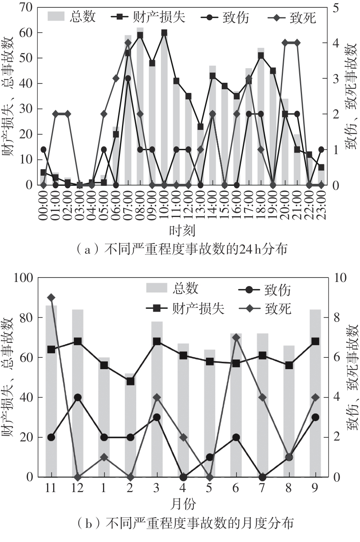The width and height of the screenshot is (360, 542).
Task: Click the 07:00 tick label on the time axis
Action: click(128, 204)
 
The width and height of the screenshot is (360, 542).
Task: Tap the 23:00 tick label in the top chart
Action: click(321, 204)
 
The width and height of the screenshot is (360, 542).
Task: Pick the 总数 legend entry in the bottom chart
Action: click(172, 289)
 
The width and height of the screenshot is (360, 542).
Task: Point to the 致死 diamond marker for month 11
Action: click(51, 298)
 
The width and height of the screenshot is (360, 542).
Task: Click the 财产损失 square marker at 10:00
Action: click(164, 33)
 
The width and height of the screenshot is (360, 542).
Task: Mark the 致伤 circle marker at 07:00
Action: click(128, 78)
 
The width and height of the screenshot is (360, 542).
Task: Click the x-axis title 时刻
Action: click(182, 231)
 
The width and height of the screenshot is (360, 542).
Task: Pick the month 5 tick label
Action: click(210, 488)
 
